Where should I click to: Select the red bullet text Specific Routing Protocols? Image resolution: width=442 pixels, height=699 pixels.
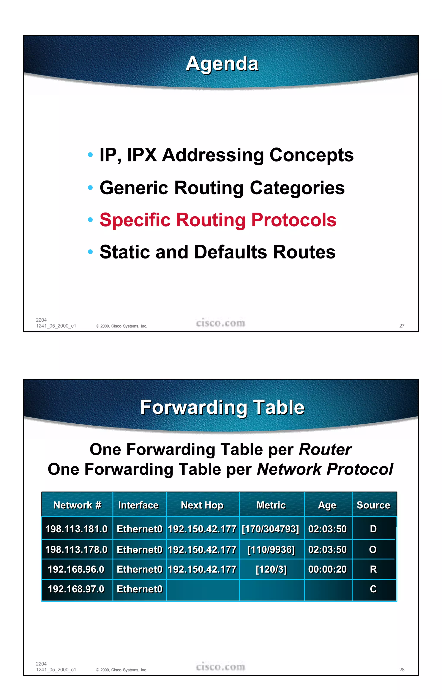(x=218, y=220)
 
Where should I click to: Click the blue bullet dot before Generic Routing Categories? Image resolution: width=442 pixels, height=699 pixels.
(x=90, y=187)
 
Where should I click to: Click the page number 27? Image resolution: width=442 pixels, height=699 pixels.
(x=402, y=326)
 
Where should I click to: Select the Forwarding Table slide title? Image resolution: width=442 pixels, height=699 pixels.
(x=222, y=407)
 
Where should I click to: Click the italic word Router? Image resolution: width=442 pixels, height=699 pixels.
(x=325, y=450)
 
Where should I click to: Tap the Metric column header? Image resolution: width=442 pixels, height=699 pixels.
(x=271, y=505)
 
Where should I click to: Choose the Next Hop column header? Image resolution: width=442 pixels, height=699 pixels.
(x=202, y=505)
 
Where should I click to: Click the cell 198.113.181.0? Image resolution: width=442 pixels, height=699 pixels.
(x=77, y=529)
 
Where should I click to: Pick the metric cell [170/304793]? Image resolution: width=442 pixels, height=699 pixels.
(x=270, y=529)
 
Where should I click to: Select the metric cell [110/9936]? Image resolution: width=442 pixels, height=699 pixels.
(x=271, y=550)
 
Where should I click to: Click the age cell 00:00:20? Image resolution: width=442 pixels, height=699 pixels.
(x=327, y=569)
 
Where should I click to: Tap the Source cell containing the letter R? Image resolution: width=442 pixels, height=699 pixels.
(x=373, y=569)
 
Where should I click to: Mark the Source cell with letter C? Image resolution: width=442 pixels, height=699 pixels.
(x=373, y=589)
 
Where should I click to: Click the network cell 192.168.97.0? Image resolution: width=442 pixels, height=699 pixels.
(x=76, y=589)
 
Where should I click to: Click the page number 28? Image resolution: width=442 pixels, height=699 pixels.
(x=402, y=670)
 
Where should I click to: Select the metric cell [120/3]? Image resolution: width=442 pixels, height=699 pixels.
(x=271, y=569)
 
